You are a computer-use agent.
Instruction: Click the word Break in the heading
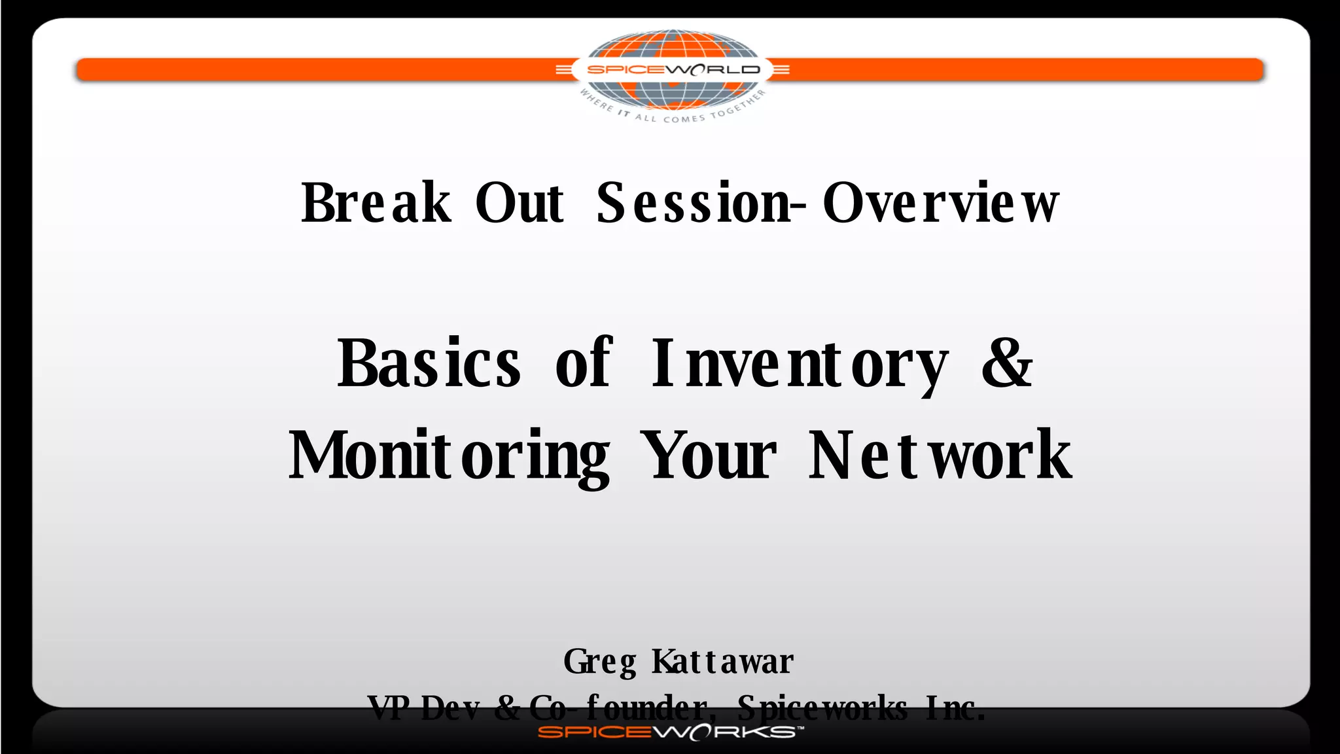click(x=376, y=203)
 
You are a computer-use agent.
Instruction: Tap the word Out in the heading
click(x=520, y=203)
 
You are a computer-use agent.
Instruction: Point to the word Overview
click(x=940, y=203)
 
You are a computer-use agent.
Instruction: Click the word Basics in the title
click(x=429, y=363)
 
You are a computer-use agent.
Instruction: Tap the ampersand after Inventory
click(x=1007, y=363)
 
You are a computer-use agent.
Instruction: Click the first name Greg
click(x=599, y=662)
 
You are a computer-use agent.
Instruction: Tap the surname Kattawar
click(x=723, y=661)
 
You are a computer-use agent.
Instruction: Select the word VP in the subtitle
click(x=389, y=708)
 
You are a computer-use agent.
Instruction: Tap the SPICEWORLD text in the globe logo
click(x=673, y=69)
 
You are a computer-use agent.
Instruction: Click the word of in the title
click(x=584, y=363)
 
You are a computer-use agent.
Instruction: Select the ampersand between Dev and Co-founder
click(x=508, y=708)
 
